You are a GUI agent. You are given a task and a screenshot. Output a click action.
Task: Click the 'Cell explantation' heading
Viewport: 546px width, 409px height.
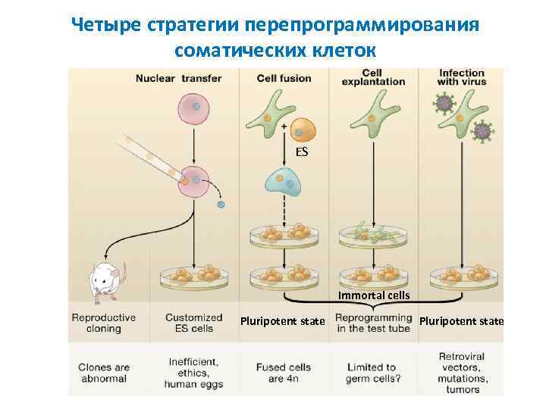point(372,77)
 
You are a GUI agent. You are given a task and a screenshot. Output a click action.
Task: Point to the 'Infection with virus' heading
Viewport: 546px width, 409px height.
point(462,78)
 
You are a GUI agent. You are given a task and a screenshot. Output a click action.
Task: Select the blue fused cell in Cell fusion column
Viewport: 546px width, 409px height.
point(284,182)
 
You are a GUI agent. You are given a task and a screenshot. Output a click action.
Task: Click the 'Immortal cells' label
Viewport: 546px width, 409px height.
point(374,295)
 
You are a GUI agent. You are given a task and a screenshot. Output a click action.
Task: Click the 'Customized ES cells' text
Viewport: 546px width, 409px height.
point(194,323)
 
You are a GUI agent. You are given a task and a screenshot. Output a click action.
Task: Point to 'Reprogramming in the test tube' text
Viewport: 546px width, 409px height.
point(373,323)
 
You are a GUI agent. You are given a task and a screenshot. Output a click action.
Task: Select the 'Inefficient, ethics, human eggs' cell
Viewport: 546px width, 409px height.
point(194,373)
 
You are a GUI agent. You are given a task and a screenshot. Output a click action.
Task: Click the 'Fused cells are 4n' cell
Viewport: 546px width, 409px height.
point(283,373)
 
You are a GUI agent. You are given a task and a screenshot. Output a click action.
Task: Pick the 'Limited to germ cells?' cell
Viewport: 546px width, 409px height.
point(373,373)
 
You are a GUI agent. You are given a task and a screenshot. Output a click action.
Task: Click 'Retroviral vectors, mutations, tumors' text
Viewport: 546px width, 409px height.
point(463,373)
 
